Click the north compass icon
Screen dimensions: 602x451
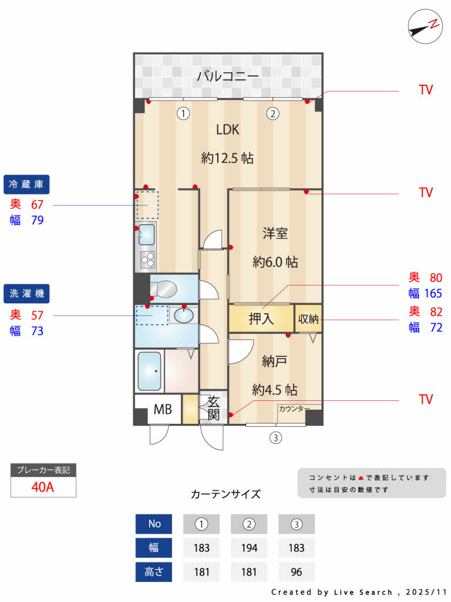(425, 27)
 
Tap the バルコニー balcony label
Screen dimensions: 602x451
(228, 76)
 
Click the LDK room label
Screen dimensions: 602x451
(228, 130)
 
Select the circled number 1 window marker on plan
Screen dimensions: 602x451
(184, 113)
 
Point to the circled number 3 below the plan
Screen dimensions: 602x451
(275, 437)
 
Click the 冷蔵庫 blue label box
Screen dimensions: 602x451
(26, 185)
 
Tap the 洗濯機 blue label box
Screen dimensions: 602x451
(26, 293)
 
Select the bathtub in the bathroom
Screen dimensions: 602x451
(150, 371)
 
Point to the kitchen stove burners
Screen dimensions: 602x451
(147, 259)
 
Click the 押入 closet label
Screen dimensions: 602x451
(261, 319)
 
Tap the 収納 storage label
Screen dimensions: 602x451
(308, 319)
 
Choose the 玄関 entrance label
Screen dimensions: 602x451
(213, 408)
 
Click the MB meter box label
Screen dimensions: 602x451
(163, 409)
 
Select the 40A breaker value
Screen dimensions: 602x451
(43, 487)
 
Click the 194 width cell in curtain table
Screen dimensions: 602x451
(249, 548)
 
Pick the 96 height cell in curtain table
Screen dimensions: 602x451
(297, 572)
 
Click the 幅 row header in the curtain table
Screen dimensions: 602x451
(154, 548)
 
